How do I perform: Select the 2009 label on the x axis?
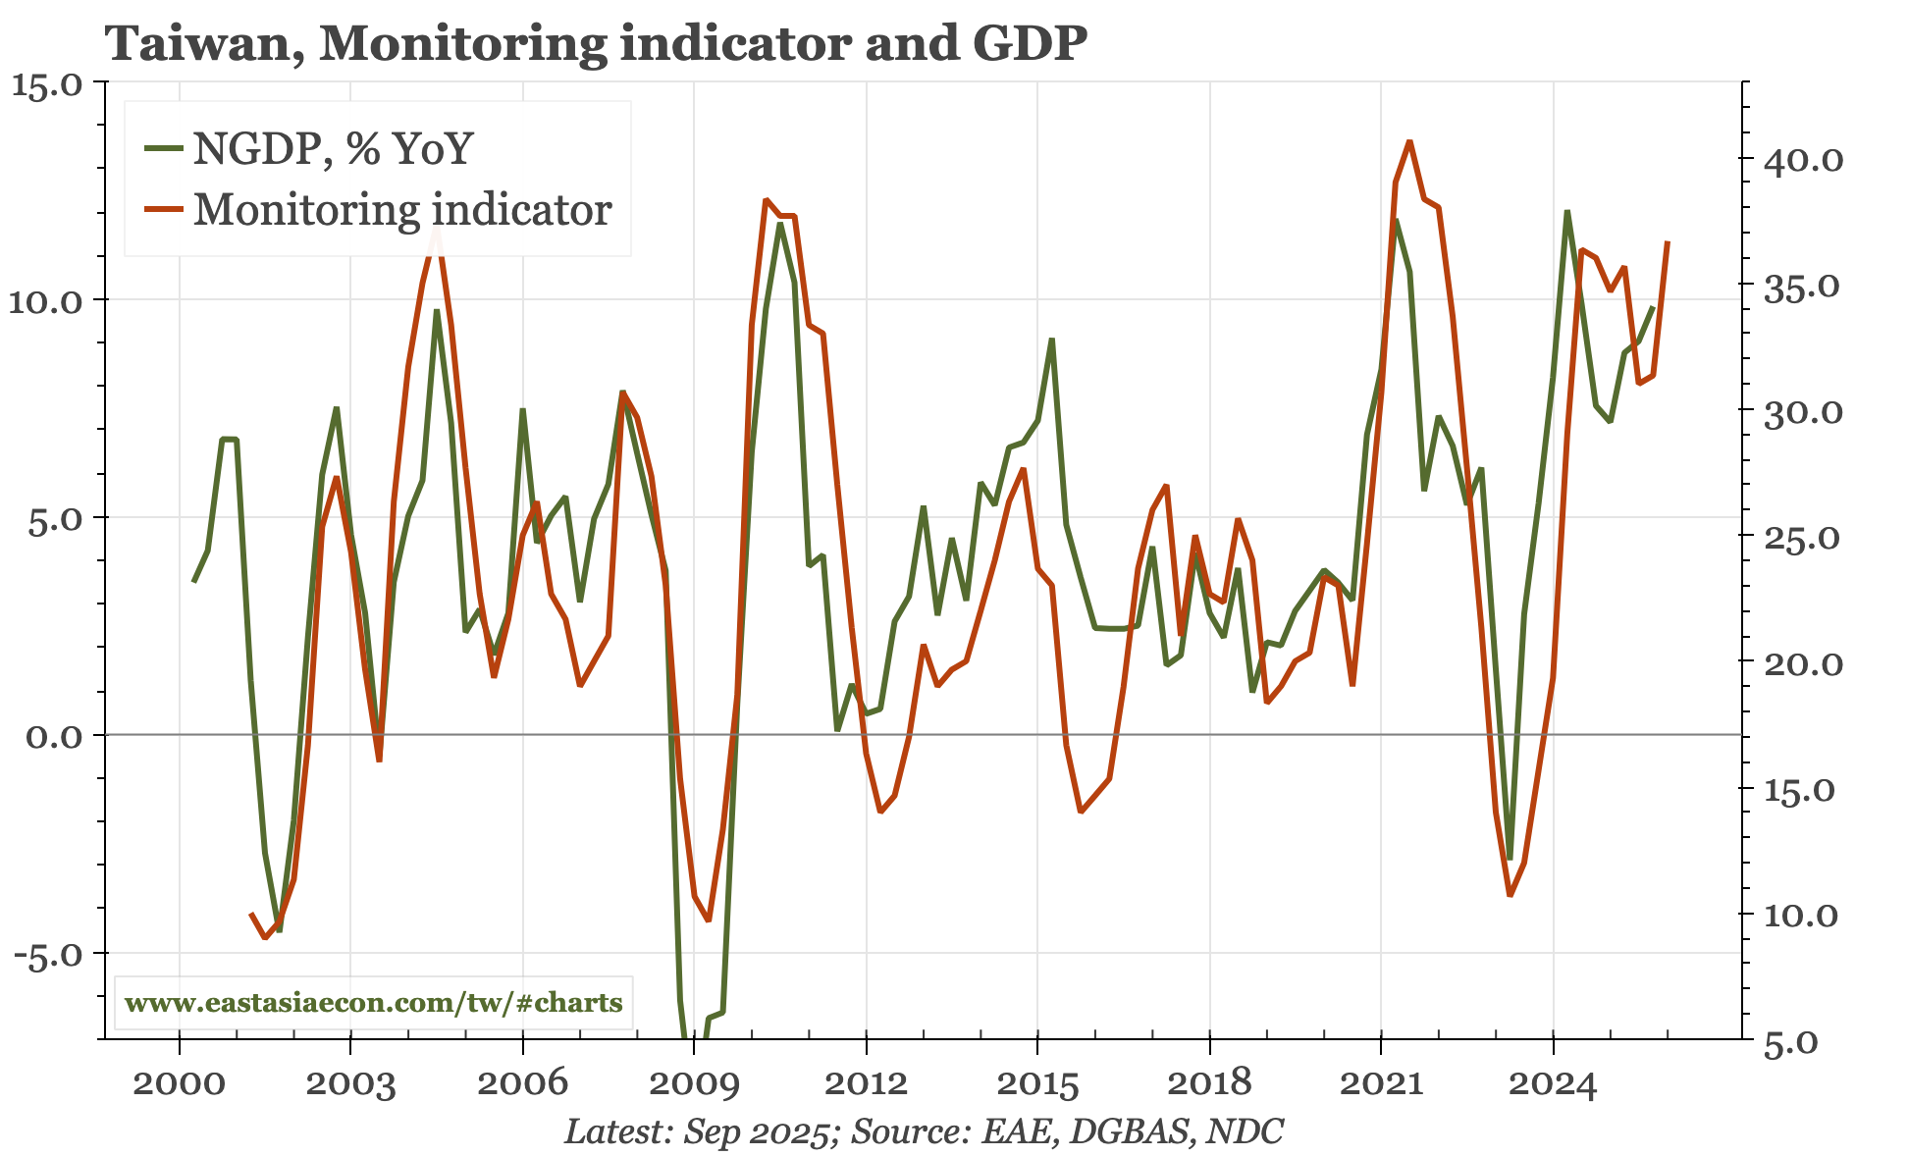pyautogui.click(x=694, y=1083)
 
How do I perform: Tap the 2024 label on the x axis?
pyautogui.click(x=1553, y=1083)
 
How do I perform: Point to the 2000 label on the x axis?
pyautogui.click(x=179, y=1083)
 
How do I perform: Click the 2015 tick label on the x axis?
pyautogui.click(x=1037, y=1083)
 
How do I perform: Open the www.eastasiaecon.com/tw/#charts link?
pyautogui.click(x=374, y=1003)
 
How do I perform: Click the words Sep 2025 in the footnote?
pyautogui.click(x=757, y=1131)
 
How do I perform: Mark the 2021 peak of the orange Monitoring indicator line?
pyautogui.click(x=1409, y=141)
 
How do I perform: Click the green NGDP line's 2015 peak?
pyautogui.click(x=1051, y=340)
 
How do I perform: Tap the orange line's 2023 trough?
pyautogui.click(x=1510, y=895)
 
